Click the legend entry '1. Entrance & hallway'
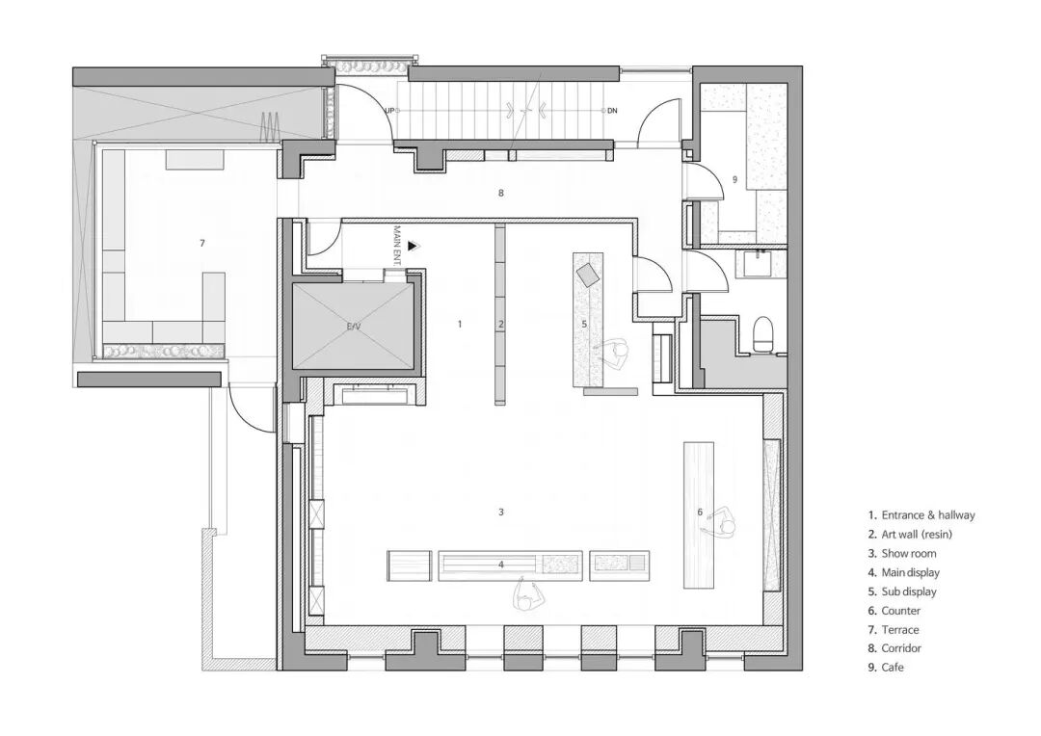click(921, 515)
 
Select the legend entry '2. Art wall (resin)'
click(915, 535)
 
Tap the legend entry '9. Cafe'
click(888, 668)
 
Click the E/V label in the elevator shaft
click(354, 328)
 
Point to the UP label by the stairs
click(389, 111)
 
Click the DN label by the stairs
click(612, 111)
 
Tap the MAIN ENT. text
click(397, 243)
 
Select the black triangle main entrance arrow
click(413, 247)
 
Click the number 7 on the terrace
click(202, 244)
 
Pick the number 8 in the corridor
click(501, 194)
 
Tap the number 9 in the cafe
click(734, 179)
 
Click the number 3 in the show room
click(501, 513)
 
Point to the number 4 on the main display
click(501, 565)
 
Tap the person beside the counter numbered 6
click(722, 524)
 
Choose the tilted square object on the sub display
click(588, 276)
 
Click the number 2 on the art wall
click(501, 325)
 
